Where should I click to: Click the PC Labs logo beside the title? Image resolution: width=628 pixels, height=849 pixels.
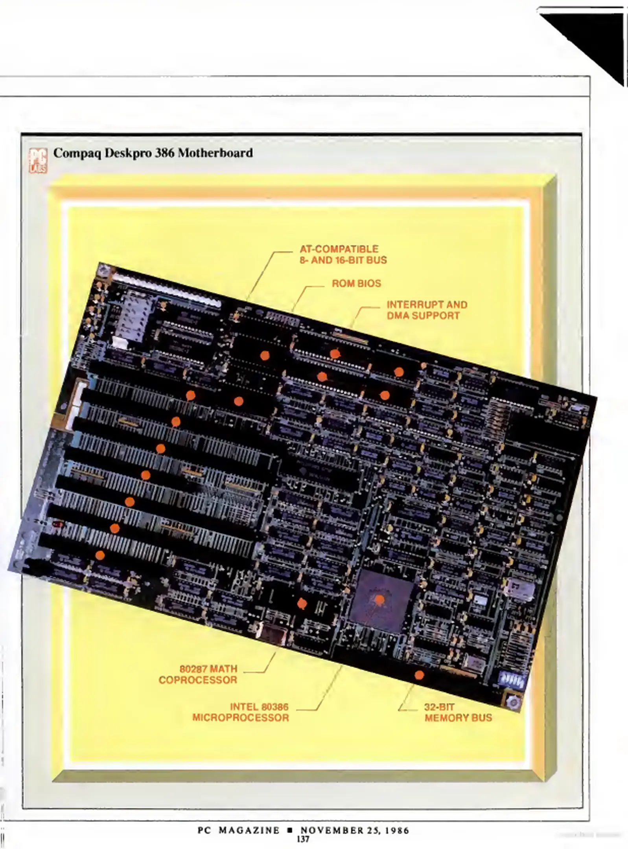click(x=38, y=160)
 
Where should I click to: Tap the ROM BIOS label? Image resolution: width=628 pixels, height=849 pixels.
click(x=356, y=283)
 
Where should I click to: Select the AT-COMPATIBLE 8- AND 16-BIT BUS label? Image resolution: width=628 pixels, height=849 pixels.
click(x=343, y=254)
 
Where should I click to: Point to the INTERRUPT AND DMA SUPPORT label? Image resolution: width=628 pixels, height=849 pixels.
click(x=427, y=310)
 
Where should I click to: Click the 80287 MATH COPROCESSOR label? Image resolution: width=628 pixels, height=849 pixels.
click(x=198, y=674)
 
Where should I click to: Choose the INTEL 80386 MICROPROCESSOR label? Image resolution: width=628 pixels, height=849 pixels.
click(x=241, y=712)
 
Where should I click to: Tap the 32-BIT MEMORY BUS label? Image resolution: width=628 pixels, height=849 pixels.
click(x=458, y=712)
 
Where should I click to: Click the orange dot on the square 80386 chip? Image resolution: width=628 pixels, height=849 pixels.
click(x=379, y=599)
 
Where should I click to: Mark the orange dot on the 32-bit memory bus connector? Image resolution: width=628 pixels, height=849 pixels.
click(x=419, y=675)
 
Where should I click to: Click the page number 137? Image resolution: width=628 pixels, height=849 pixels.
click(x=303, y=839)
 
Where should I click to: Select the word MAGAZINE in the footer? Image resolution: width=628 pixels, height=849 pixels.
click(x=249, y=830)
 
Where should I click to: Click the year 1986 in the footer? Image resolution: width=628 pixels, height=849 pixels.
click(x=397, y=830)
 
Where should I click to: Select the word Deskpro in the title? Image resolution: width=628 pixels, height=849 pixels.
click(x=128, y=153)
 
